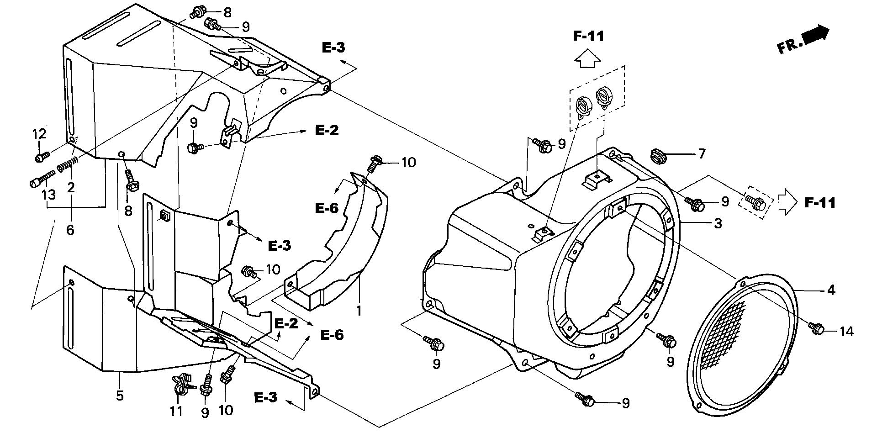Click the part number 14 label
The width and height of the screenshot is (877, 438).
pyautogui.click(x=846, y=331)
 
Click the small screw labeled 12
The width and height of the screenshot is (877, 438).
pyautogui.click(x=40, y=157)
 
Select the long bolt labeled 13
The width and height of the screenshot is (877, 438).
pyautogui.click(x=42, y=179)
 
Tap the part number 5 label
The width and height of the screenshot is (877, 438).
pyautogui.click(x=120, y=395)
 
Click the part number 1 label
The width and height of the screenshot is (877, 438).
pyautogui.click(x=359, y=311)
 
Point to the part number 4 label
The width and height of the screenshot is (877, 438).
pyautogui.click(x=831, y=290)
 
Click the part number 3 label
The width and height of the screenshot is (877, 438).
pyautogui.click(x=718, y=224)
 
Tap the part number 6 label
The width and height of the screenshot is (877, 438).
pyautogui.click(x=70, y=230)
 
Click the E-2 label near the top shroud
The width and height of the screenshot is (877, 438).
pyautogui.click(x=327, y=130)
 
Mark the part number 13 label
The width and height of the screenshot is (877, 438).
pyautogui.click(x=49, y=195)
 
